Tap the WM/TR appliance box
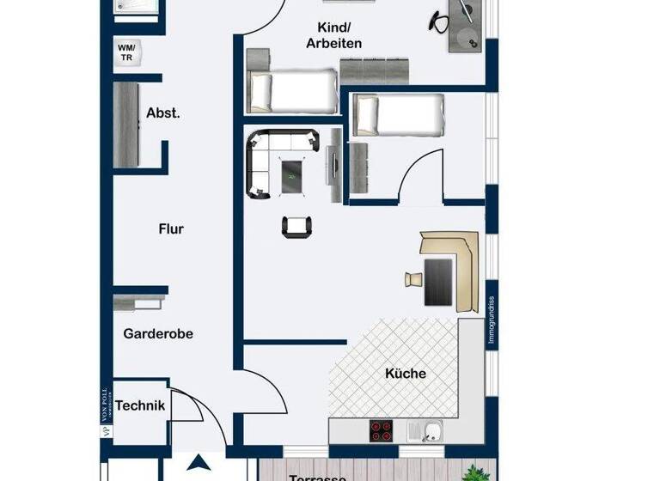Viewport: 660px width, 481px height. (x=126, y=52)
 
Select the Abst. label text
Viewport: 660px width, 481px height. (x=163, y=113)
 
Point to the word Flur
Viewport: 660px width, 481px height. (x=171, y=228)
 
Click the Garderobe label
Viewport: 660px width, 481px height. (x=157, y=333)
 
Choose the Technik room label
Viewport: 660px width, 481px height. (x=140, y=406)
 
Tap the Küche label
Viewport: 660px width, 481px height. (x=405, y=374)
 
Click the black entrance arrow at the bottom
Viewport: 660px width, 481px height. (x=200, y=465)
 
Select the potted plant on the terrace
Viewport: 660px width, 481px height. (x=473, y=472)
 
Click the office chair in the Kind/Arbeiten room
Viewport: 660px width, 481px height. (x=437, y=19)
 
